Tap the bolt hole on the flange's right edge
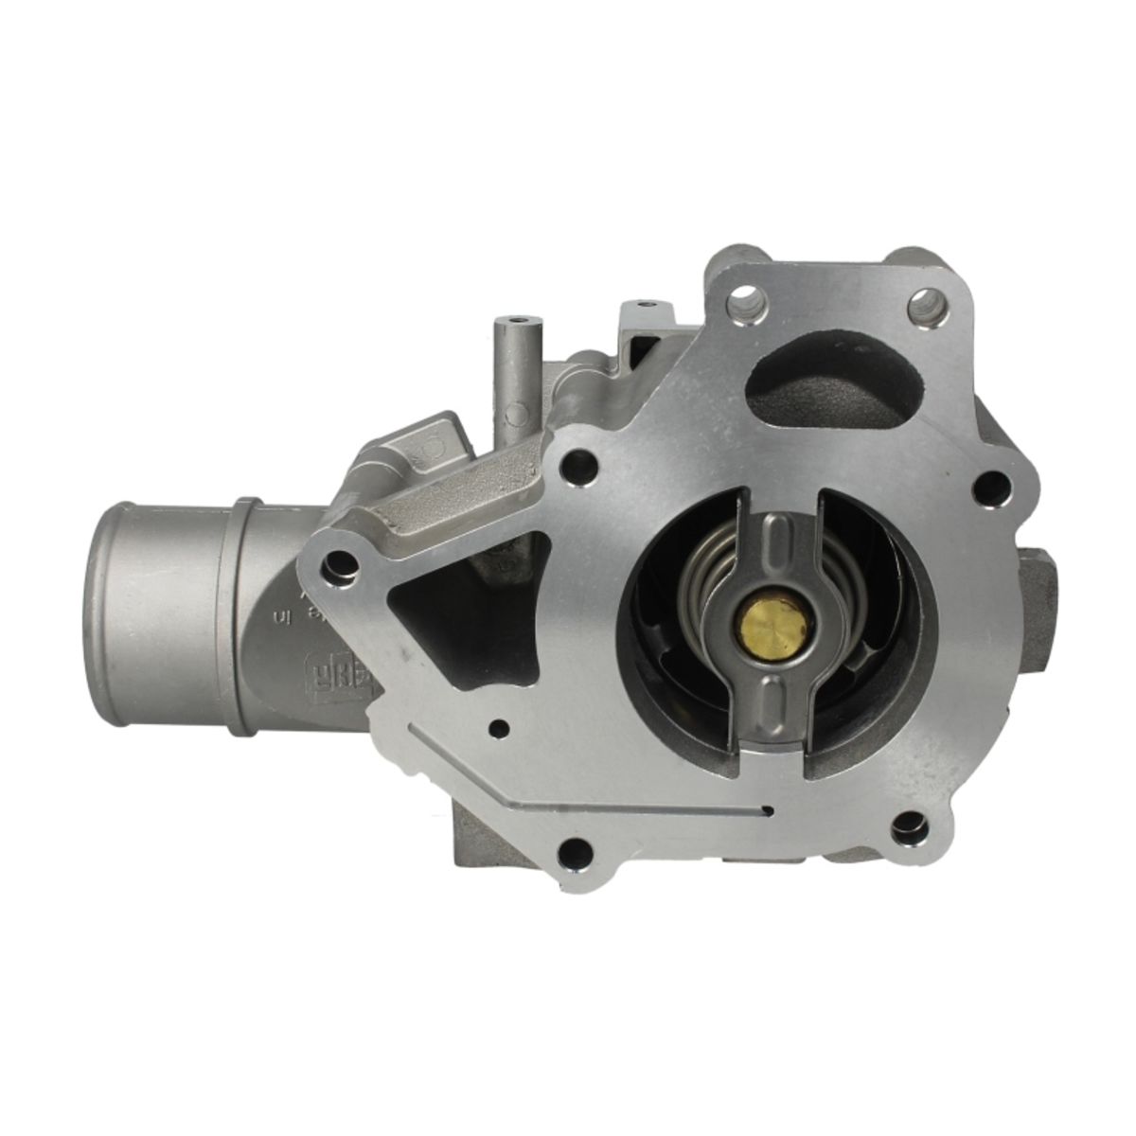click(x=991, y=488)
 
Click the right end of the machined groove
click(x=770, y=811)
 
